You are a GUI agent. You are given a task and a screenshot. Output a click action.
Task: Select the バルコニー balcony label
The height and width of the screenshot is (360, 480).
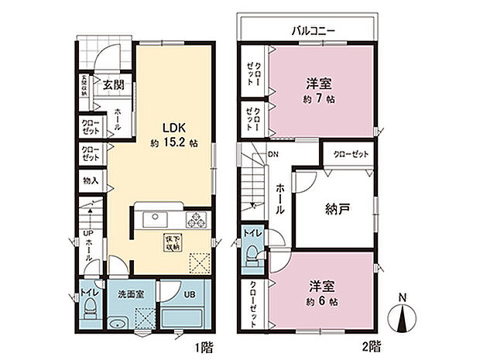click(x=313, y=31)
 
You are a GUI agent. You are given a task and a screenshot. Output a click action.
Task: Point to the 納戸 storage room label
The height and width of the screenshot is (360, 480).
click(x=337, y=207)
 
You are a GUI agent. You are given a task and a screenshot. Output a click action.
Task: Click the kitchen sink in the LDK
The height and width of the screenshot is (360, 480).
click(x=153, y=218)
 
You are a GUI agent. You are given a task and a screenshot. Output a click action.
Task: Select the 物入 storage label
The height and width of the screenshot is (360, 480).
click(x=90, y=181)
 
